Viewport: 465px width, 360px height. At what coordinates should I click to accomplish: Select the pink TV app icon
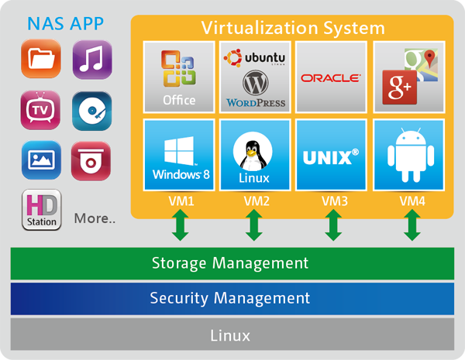pyautogui.click(x=40, y=111)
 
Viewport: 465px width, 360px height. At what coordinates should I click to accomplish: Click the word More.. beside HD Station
pyautogui.click(x=95, y=218)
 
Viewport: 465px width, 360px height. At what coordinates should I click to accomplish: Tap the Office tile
pyautogui.click(x=179, y=77)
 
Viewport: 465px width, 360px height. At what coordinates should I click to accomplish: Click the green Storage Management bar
pyautogui.click(x=230, y=263)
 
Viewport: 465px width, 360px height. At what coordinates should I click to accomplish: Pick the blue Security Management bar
pyautogui.click(x=230, y=298)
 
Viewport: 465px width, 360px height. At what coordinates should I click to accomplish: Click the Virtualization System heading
pyautogui.click(x=293, y=29)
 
